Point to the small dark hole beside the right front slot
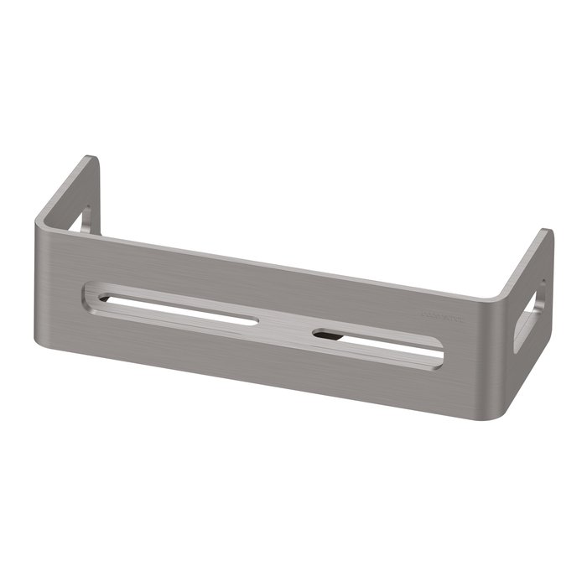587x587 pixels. click(324, 334)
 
